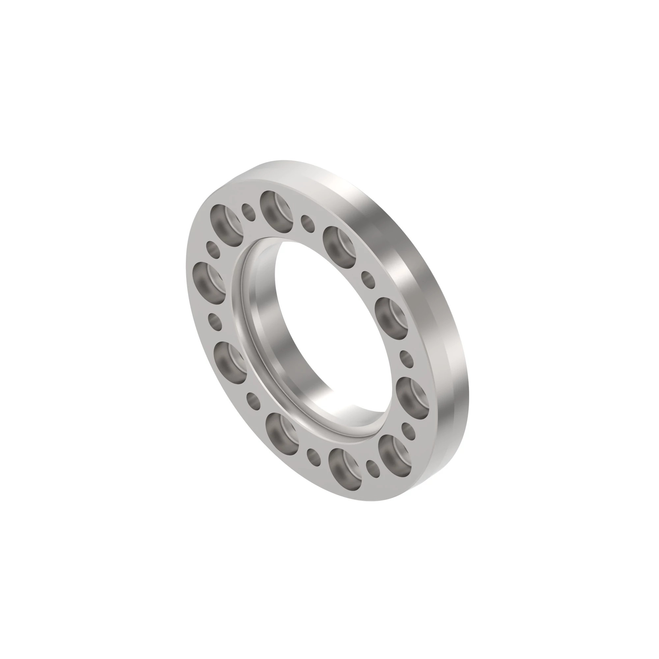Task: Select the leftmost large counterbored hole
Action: pyautogui.click(x=209, y=283)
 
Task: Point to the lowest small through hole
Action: pyautogui.click(x=373, y=469)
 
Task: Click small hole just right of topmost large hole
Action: pyautogui.click(x=308, y=223)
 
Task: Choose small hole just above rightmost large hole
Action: pyautogui.click(x=406, y=358)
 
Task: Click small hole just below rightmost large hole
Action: pyautogui.click(x=408, y=432)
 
